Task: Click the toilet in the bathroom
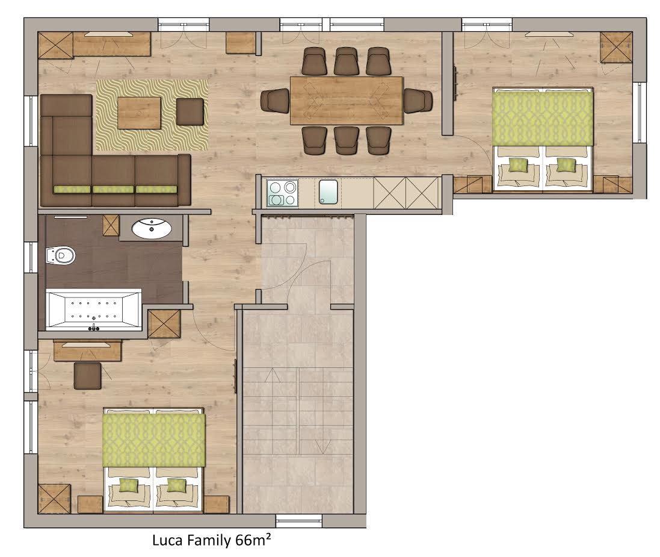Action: click(60, 255)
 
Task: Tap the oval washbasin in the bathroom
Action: click(152, 228)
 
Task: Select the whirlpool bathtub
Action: click(93, 310)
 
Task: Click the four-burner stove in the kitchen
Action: click(282, 193)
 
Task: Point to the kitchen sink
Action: click(328, 192)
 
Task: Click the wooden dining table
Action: click(347, 101)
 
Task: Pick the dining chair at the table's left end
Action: click(275, 101)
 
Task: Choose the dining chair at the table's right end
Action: click(418, 101)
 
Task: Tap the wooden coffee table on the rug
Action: click(139, 113)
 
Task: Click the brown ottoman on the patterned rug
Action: click(190, 111)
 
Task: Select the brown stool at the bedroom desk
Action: click(88, 375)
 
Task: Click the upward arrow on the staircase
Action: click(273, 375)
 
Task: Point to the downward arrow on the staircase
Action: click(322, 443)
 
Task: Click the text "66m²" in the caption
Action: click(253, 540)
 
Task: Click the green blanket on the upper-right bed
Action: click(543, 119)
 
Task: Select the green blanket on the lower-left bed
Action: click(154, 440)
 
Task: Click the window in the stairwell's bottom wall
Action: click(299, 521)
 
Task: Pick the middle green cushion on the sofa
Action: click(113, 189)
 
